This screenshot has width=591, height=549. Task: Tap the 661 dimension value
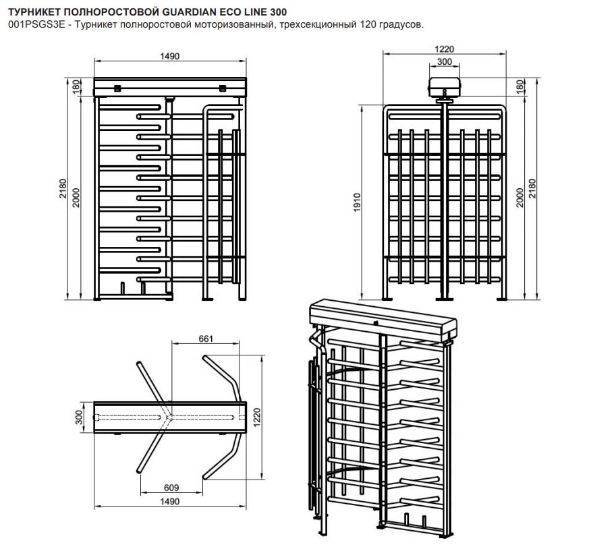pyautogui.click(x=206, y=339)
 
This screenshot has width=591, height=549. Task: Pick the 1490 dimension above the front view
pyautogui.click(x=169, y=57)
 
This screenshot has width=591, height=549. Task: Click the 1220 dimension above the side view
pyautogui.click(x=445, y=48)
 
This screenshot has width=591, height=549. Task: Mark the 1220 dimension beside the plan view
pyautogui.click(x=256, y=418)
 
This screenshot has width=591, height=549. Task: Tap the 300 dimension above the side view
pyautogui.click(x=445, y=61)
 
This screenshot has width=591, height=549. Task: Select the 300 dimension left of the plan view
pyautogui.click(x=78, y=419)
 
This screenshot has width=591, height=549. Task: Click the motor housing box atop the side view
pyautogui.click(x=445, y=86)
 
